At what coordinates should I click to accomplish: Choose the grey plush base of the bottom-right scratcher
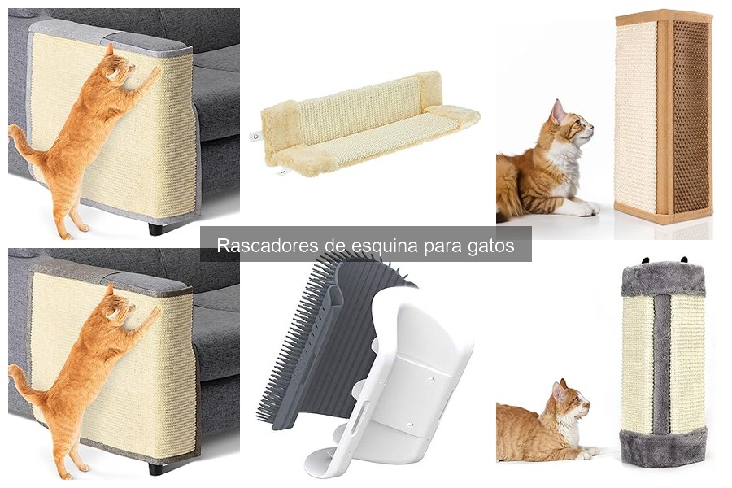click(x=664, y=447)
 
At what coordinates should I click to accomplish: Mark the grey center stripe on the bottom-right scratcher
click(x=663, y=362)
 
